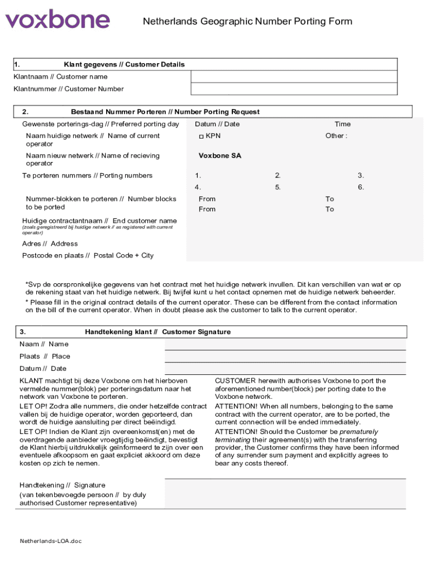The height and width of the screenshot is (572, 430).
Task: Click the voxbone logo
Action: tap(58, 20)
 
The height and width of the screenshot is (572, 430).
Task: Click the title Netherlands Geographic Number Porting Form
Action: tap(247, 21)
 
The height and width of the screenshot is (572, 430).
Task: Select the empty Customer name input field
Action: tap(294, 77)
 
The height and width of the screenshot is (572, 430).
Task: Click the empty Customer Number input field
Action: tap(294, 89)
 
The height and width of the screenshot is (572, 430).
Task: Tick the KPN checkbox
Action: tap(202, 136)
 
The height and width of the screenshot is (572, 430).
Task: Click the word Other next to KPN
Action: tap(336, 136)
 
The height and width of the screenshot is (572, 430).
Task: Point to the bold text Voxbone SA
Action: tap(220, 156)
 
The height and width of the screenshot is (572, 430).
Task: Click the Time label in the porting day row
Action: tap(342, 124)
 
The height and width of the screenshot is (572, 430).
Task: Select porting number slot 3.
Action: tap(361, 175)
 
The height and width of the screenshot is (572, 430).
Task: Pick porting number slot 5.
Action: tap(278, 187)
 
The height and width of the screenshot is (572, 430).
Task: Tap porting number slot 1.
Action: tap(198, 175)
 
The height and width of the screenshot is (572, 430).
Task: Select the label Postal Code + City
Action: tap(123, 255)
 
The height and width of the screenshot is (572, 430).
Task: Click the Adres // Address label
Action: tap(50, 244)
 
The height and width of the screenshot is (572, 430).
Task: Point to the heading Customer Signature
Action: tap(196, 332)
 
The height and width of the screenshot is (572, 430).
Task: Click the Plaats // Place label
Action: tap(45, 356)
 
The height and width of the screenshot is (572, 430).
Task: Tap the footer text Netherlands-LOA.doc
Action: tap(51, 541)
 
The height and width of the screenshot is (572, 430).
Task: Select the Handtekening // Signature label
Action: tap(62, 485)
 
